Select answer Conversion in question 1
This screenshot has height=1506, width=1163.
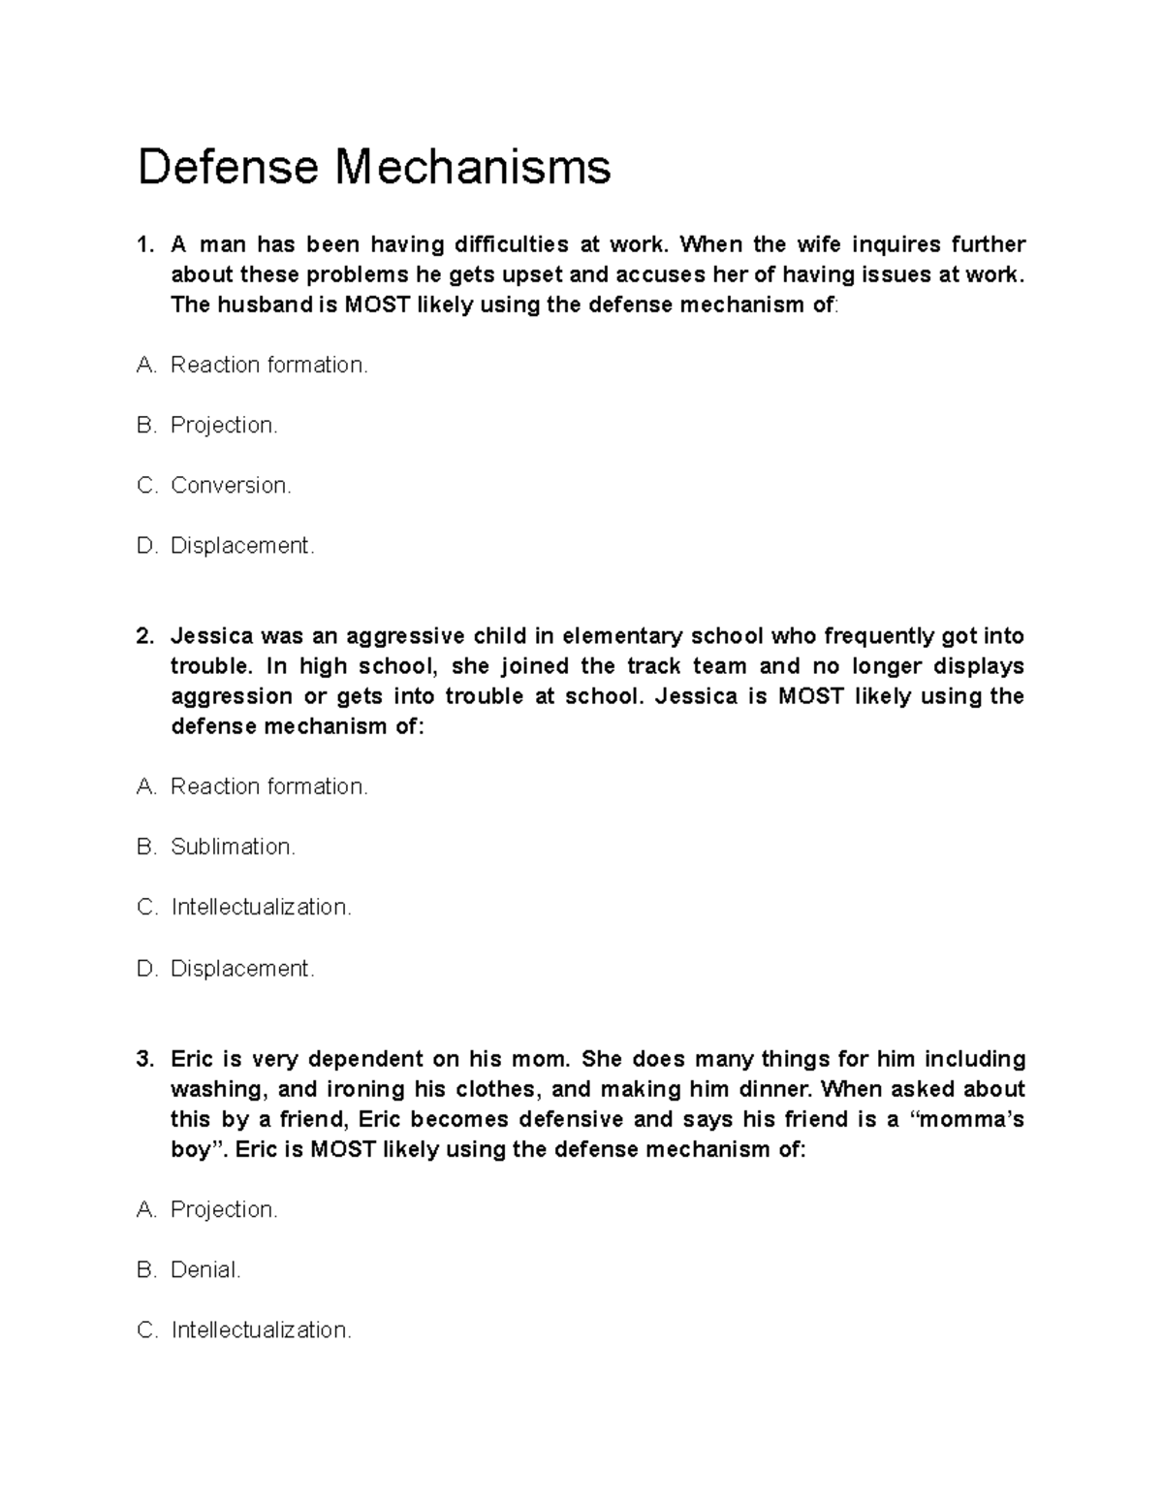231,485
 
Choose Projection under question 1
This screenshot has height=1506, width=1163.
224,425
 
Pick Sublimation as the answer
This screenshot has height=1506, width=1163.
233,847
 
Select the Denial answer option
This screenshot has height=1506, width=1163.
205,1269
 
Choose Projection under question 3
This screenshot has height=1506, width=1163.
224,1209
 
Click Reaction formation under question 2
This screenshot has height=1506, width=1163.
269,786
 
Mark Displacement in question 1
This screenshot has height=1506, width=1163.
242,546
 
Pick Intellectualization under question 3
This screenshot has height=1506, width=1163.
262,1330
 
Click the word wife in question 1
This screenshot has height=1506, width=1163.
819,244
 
